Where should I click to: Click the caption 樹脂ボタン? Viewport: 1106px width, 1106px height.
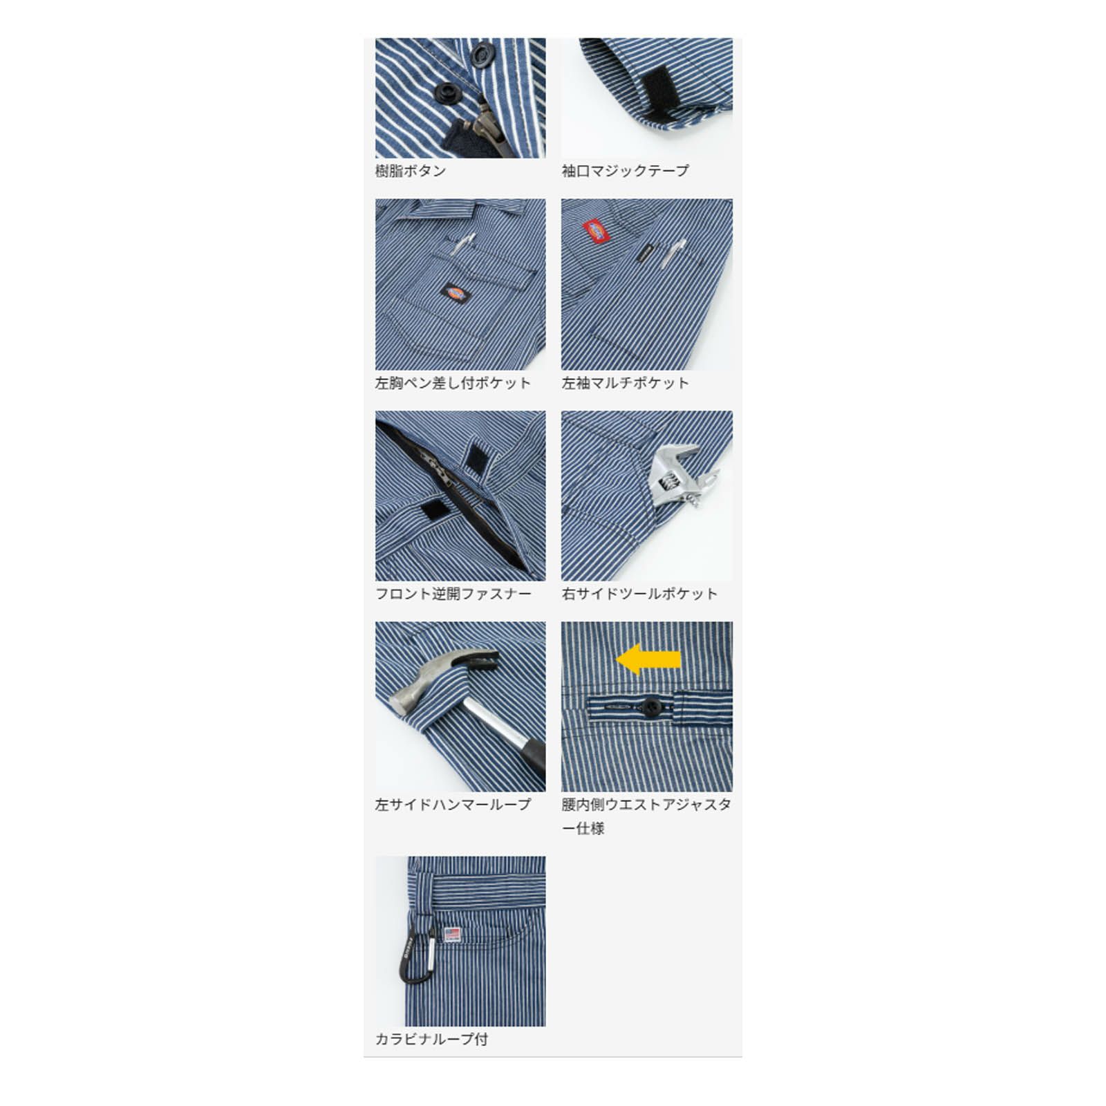411,171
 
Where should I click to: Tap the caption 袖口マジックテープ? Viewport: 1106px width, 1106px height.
626,171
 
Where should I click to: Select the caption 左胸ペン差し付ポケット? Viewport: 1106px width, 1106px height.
453,383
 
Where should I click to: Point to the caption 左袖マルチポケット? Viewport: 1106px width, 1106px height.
626,383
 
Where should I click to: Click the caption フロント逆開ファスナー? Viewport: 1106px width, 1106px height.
453,594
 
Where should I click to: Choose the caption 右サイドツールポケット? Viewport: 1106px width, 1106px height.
639,594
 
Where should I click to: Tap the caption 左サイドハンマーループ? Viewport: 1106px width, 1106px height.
453,805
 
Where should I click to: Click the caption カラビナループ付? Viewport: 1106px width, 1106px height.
432,1039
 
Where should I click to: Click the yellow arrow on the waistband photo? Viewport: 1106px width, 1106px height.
648,659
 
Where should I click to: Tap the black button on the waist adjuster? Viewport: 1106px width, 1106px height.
649,706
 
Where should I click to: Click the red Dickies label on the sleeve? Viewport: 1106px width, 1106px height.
596,233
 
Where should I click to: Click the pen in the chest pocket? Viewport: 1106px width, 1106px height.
462,243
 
